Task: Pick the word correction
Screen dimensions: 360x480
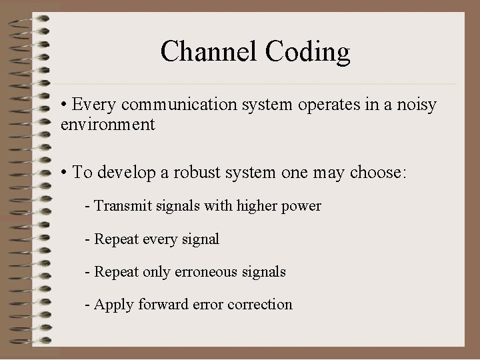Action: pyautogui.click(x=259, y=305)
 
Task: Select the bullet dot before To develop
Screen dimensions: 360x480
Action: pyautogui.click(x=63, y=173)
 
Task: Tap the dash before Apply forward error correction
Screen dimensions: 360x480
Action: pyautogui.click(x=88, y=305)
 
